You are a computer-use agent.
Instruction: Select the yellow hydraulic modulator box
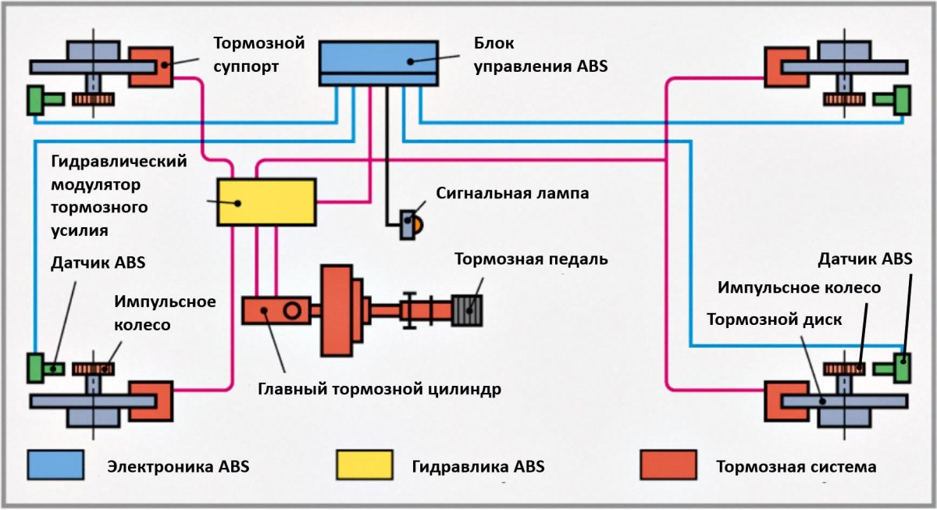(x=266, y=202)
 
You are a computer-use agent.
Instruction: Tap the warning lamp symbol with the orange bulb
(x=411, y=225)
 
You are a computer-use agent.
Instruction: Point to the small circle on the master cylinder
(x=292, y=311)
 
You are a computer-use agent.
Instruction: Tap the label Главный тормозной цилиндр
(x=379, y=387)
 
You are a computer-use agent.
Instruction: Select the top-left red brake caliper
(x=151, y=67)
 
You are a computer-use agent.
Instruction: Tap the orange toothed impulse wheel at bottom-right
(x=845, y=368)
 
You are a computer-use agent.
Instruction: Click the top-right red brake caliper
(x=786, y=68)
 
